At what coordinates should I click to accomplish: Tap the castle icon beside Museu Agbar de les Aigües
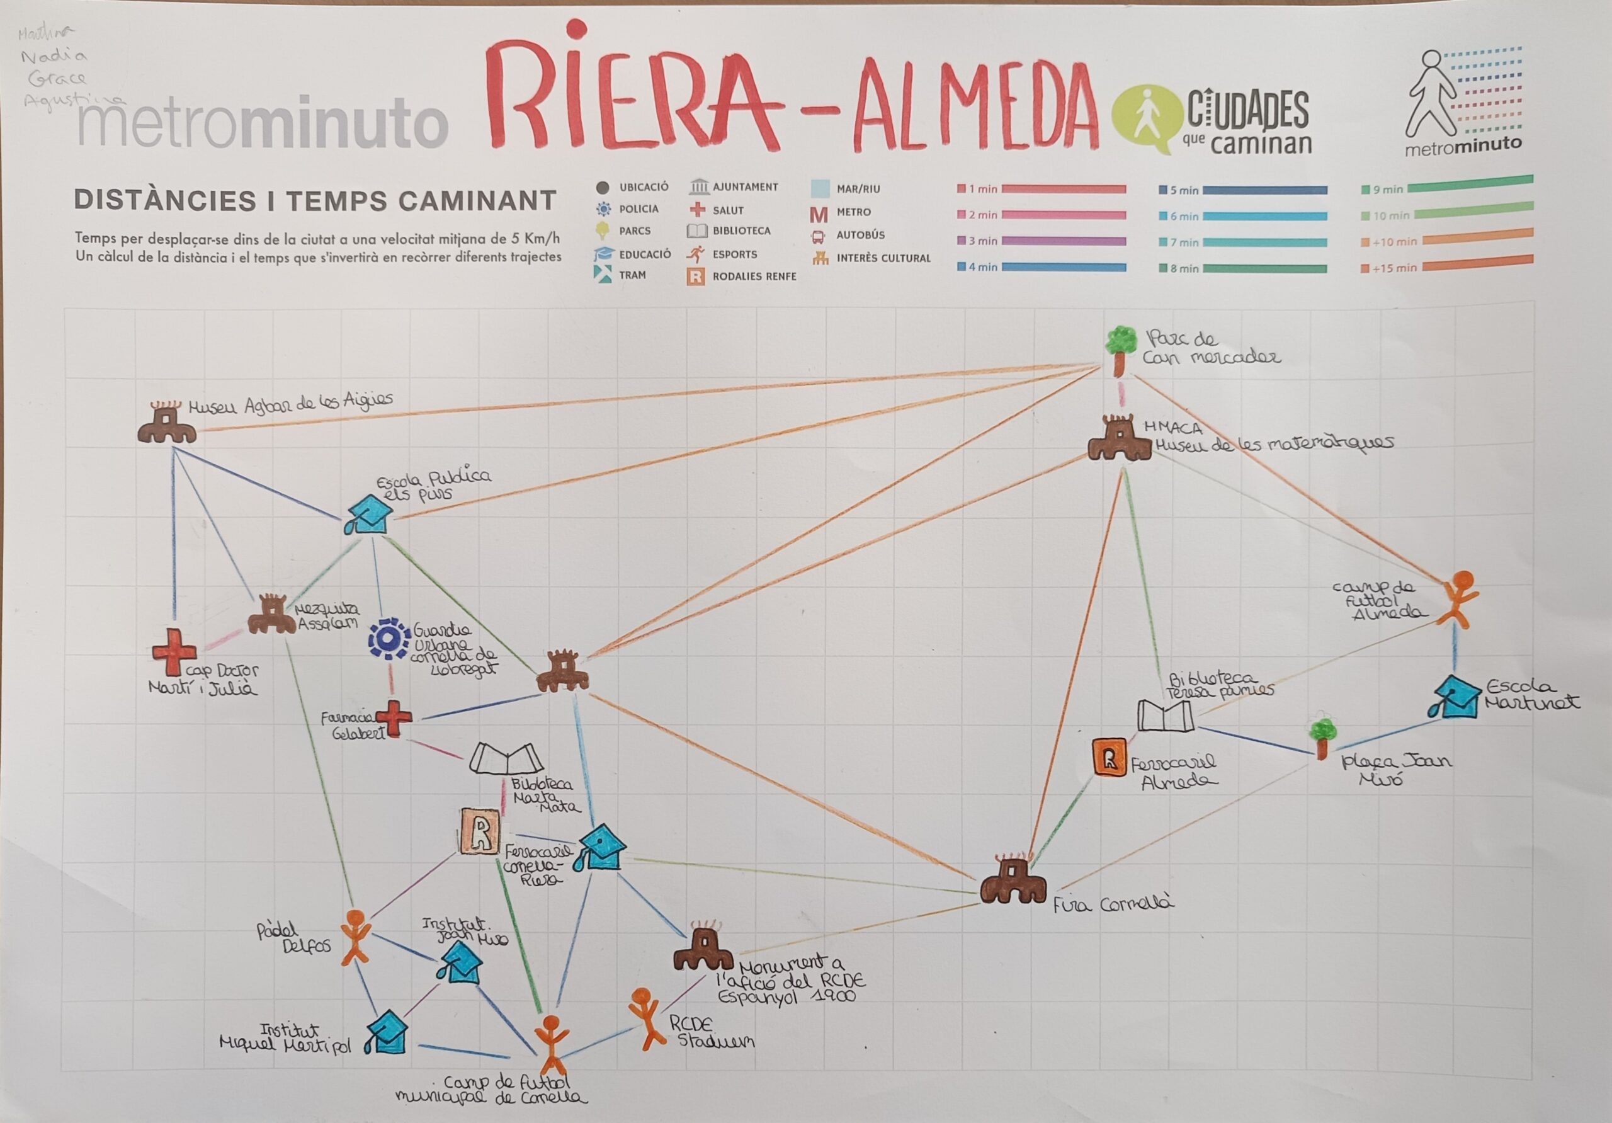[x=166, y=425]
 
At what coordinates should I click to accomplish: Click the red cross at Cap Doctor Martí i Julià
[x=173, y=651]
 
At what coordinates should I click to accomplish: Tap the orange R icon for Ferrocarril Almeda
[x=1110, y=757]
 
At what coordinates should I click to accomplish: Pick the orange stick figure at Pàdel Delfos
[x=355, y=938]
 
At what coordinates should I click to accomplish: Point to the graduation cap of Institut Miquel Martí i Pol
[x=387, y=1032]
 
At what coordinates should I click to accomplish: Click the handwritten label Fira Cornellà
[x=1113, y=904]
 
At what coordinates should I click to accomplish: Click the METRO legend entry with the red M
[x=841, y=212]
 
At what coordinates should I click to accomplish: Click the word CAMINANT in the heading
[x=477, y=201]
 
